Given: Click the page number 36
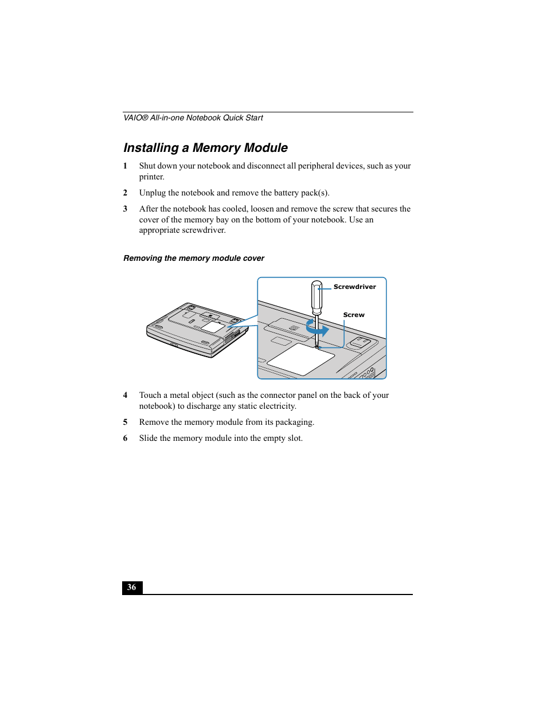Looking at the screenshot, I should [132, 587].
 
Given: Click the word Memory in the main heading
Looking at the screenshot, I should [216, 148].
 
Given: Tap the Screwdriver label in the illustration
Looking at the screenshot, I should [354, 287].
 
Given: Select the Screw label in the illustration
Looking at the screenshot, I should [354, 315].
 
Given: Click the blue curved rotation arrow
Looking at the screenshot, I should [317, 328].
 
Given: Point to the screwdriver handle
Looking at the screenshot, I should [317, 296].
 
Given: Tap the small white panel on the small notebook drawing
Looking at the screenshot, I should [213, 327].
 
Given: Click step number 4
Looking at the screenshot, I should [125, 395].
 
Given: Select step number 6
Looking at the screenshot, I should [125, 438].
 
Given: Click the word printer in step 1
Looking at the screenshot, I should [151, 177].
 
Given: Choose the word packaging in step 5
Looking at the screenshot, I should [294, 422].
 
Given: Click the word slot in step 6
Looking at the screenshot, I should [294, 438].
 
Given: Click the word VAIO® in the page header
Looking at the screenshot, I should [136, 118].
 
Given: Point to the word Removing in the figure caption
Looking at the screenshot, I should [143, 258].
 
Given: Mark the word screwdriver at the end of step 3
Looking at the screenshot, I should [203, 230].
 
